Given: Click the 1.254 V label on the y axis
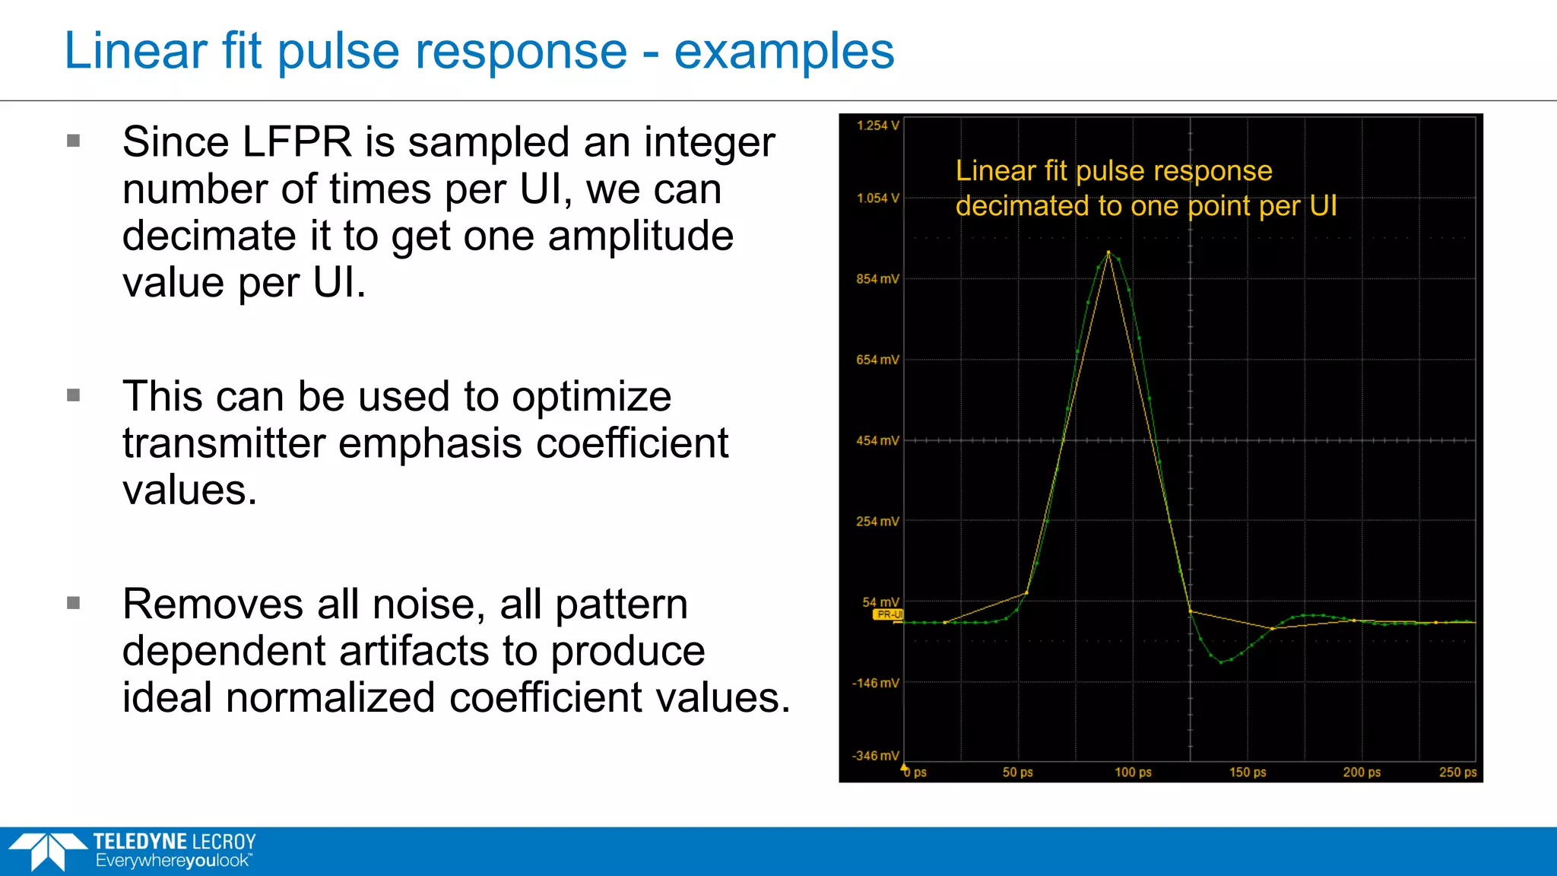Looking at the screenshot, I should click(877, 125).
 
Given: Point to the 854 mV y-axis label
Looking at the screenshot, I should click(877, 279).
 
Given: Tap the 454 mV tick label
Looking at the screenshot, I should click(877, 441).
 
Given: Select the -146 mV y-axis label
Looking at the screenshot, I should click(876, 683).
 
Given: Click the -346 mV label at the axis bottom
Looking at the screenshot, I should click(876, 756).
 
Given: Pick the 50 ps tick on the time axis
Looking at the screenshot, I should click(1017, 773).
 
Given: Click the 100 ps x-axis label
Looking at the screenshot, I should click(1133, 773).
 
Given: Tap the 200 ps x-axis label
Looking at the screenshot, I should click(1362, 773).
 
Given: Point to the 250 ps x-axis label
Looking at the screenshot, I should click(1457, 773).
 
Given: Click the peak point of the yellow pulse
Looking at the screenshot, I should click(1108, 252).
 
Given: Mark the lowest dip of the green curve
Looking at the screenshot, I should click(1222, 662).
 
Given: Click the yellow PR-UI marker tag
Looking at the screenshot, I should click(888, 614).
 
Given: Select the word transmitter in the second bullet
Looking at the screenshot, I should click(224, 443).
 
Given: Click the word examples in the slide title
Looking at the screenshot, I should click(784, 52).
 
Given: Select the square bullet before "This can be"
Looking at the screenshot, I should click(74, 395).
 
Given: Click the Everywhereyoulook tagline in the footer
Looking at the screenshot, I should click(173, 862).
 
